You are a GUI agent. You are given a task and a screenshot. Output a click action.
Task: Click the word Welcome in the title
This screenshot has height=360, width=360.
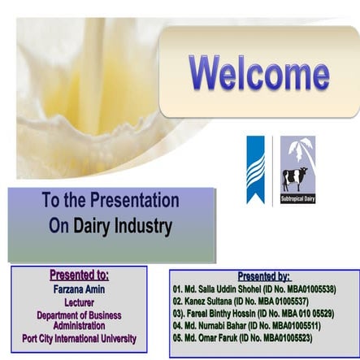[259, 74]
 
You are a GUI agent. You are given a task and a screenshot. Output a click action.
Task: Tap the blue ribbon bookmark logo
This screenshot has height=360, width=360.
[256, 169]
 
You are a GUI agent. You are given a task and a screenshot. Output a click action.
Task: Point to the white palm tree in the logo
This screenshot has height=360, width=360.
[297, 150]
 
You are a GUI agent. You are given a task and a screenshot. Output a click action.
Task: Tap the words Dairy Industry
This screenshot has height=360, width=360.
[111, 225]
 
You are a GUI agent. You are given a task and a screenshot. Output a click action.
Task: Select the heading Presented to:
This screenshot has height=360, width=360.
[80, 274]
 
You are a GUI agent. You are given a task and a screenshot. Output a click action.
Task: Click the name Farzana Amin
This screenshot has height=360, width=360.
[79, 288]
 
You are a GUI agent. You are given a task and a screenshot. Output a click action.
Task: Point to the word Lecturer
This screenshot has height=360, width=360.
[79, 301]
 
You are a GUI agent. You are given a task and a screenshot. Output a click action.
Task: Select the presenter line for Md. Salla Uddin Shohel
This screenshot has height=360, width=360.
[254, 288]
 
